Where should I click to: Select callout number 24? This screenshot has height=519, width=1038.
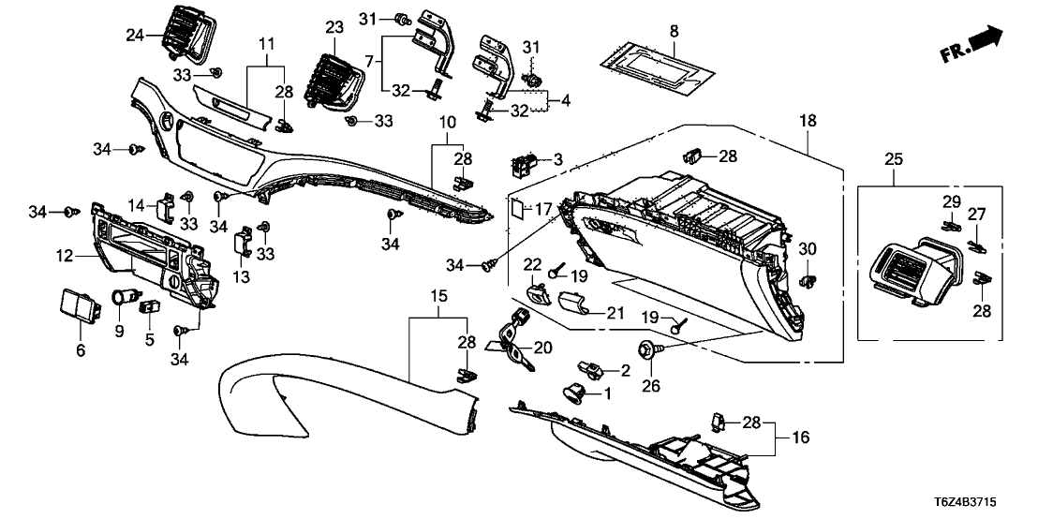click(137, 36)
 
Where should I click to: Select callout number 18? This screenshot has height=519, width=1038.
click(808, 121)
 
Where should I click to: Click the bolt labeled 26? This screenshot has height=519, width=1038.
click(645, 351)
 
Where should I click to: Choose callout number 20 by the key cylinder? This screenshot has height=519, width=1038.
click(542, 347)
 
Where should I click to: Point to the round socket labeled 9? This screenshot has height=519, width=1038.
click(120, 298)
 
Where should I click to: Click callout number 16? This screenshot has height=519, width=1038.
click(802, 437)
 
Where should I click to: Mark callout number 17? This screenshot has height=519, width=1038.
click(544, 210)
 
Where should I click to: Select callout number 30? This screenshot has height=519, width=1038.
click(808, 249)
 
